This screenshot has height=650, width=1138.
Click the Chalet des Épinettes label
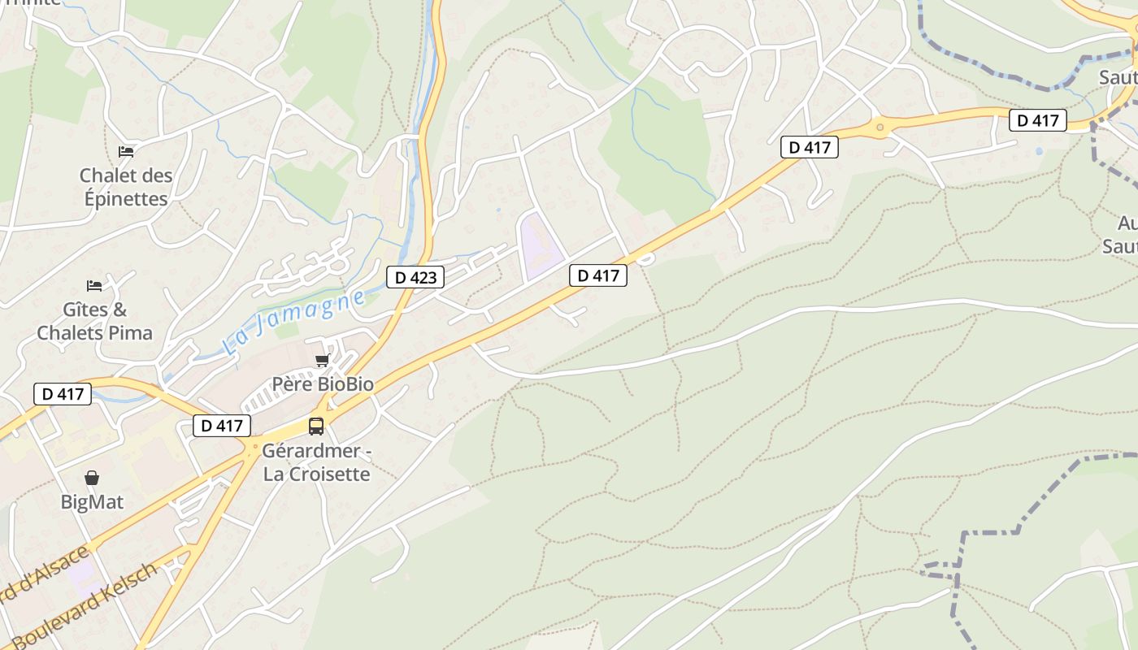pyautogui.click(x=126, y=187)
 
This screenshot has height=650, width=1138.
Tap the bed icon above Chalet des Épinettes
pyautogui.click(x=126, y=151)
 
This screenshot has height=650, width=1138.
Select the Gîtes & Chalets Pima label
pyautogui.click(x=95, y=321)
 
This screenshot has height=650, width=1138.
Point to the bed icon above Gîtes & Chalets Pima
pyautogui.click(x=94, y=285)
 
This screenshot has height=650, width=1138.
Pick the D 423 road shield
pyautogui.click(x=415, y=277)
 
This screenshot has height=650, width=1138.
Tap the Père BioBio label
pyautogui.click(x=323, y=384)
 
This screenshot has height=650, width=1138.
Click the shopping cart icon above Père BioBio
pyautogui.click(x=322, y=360)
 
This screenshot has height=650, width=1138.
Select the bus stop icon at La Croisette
pyautogui.click(x=316, y=426)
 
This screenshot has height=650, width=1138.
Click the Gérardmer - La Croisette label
pyautogui.click(x=317, y=462)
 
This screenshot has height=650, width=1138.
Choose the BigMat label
pyautogui.click(x=93, y=502)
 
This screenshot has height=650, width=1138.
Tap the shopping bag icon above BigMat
pyautogui.click(x=92, y=478)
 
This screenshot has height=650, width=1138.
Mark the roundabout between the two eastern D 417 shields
pyautogui.click(x=880, y=127)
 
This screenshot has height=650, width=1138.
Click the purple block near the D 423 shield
pyautogui.click(x=540, y=243)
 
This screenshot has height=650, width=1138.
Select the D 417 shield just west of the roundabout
pyautogui.click(x=809, y=147)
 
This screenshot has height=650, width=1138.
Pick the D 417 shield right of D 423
pyautogui.click(x=598, y=275)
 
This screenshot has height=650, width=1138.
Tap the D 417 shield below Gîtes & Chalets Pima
pyautogui.click(x=63, y=394)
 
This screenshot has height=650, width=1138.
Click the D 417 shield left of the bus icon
pyautogui.click(x=222, y=425)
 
